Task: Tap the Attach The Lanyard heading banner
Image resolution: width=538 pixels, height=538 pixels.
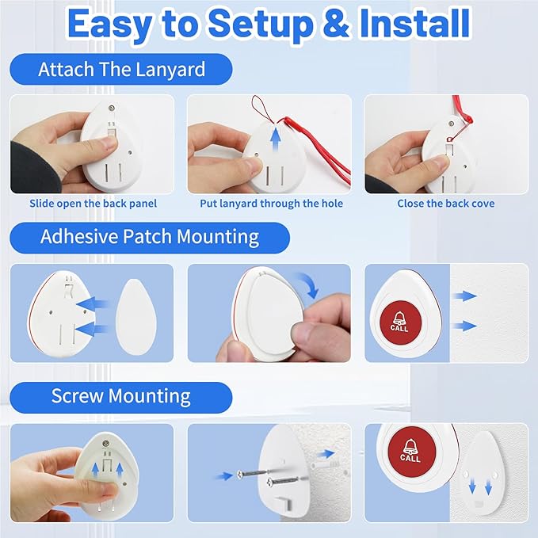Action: (120, 69)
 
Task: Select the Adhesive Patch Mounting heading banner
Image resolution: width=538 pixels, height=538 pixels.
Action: (150, 237)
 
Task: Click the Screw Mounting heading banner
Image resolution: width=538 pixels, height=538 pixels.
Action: (120, 396)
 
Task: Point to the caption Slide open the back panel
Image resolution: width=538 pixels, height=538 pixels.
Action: (93, 204)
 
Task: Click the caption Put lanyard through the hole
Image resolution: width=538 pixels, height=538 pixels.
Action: (272, 204)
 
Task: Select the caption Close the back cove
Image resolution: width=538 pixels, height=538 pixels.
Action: (445, 204)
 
